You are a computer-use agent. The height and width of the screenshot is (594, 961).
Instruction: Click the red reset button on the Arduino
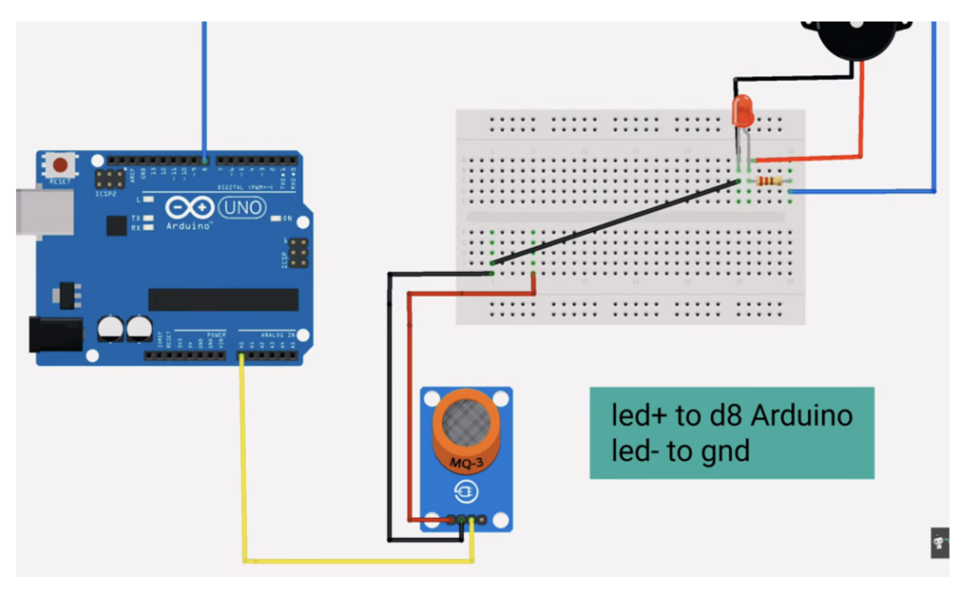pos(60,165)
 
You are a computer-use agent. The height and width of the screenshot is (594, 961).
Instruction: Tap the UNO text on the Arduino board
pos(242,206)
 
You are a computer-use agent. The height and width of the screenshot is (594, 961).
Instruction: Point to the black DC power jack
pos(53,334)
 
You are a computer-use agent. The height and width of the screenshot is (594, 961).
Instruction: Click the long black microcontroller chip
pos(223,299)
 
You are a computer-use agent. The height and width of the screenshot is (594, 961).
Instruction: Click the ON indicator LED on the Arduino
pos(274,219)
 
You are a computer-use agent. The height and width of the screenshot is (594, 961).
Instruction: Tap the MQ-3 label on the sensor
pos(466,461)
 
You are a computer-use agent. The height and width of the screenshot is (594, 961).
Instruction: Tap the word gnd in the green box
pos(725,451)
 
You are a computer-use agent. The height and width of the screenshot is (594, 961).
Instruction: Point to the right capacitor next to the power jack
pos(140,327)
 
